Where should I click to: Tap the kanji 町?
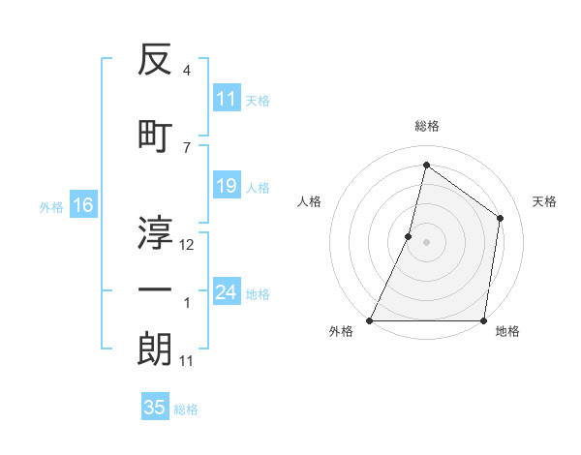pos(155,135)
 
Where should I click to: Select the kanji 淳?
pos(155,232)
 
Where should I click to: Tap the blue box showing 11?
pos(227,99)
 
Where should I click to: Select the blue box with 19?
pos(227,186)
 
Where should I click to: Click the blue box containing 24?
pos(227,292)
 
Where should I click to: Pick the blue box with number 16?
pos(83,205)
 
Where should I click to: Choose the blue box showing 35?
pos(155,408)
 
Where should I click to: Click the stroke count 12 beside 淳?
pos(187,245)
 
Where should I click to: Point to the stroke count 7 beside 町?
pos(187,147)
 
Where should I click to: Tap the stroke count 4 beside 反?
pos(187,71)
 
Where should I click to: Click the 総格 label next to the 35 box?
pos(186,409)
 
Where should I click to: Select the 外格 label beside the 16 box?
pos(51,206)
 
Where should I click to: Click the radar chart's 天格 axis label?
pos(544,201)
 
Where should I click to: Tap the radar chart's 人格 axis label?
pos(310,201)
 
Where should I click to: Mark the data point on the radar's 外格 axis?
pos(370,320)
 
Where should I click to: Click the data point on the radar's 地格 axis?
pos(483,320)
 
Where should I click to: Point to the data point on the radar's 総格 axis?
pos(426,166)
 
